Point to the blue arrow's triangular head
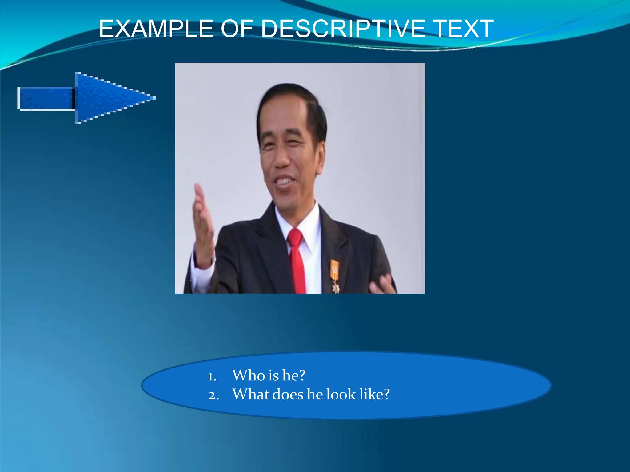click(108, 98)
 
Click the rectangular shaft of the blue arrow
click(46, 98)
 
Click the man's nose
click(281, 158)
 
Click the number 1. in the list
click(212, 377)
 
